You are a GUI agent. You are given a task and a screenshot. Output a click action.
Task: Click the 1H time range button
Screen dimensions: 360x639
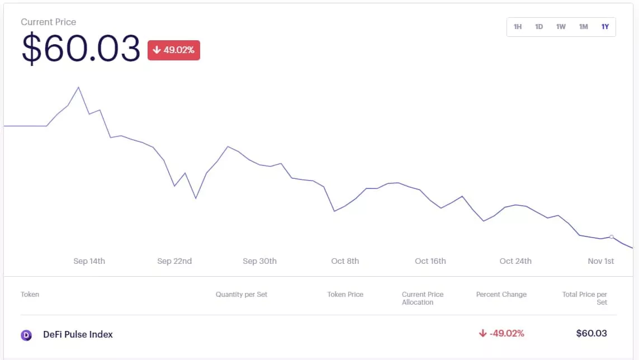click(518, 27)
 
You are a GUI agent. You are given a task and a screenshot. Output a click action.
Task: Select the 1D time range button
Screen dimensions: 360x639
click(539, 27)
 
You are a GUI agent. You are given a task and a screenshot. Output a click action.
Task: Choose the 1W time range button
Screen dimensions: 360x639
click(561, 27)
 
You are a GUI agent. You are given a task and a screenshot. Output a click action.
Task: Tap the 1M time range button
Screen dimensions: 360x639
click(583, 27)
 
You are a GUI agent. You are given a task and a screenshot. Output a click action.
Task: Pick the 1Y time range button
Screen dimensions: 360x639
click(605, 27)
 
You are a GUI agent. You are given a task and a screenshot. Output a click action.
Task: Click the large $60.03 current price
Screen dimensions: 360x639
click(81, 49)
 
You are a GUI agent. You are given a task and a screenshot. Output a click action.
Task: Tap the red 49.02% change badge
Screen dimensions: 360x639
click(174, 50)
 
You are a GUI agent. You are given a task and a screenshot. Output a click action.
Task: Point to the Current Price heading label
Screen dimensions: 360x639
click(49, 22)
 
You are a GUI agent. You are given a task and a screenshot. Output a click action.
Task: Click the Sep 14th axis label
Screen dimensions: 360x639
click(89, 261)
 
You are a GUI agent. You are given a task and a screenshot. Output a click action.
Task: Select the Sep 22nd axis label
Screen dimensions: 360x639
click(174, 261)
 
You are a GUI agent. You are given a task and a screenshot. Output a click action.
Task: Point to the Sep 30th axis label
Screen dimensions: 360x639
click(259, 261)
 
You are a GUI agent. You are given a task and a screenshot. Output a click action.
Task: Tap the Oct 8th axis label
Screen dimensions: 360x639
click(345, 261)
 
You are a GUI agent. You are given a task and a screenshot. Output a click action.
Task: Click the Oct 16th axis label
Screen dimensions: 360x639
click(430, 261)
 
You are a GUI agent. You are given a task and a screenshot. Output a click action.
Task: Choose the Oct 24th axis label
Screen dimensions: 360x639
click(515, 261)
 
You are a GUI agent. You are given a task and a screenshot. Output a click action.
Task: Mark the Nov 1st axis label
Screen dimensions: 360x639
click(601, 261)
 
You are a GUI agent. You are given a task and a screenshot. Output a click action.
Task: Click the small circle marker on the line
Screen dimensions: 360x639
click(612, 237)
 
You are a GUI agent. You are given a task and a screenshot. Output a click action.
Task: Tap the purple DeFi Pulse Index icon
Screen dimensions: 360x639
click(26, 335)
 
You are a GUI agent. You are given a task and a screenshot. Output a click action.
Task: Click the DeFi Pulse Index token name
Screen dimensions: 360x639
click(78, 334)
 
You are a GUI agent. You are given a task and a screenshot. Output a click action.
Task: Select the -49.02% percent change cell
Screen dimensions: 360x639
click(501, 334)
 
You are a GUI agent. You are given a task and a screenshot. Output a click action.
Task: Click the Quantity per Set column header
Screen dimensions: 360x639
click(242, 295)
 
